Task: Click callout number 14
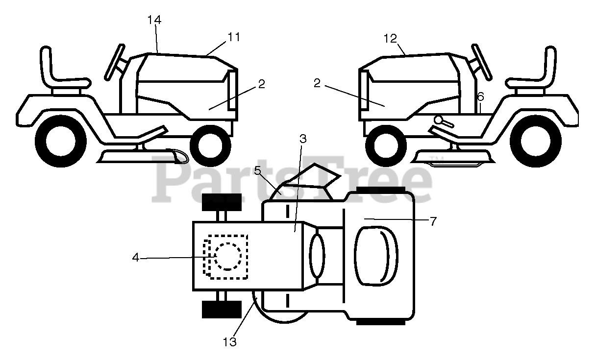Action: (x=154, y=20)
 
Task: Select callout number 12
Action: (x=390, y=38)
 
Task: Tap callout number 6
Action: (x=480, y=97)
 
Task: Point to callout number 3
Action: (x=303, y=139)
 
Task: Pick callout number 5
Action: (x=257, y=170)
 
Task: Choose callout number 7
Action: (x=433, y=221)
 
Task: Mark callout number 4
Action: (x=135, y=257)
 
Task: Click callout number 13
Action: (x=229, y=342)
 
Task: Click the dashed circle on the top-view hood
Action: (x=226, y=256)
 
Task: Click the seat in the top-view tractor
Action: (x=376, y=255)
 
